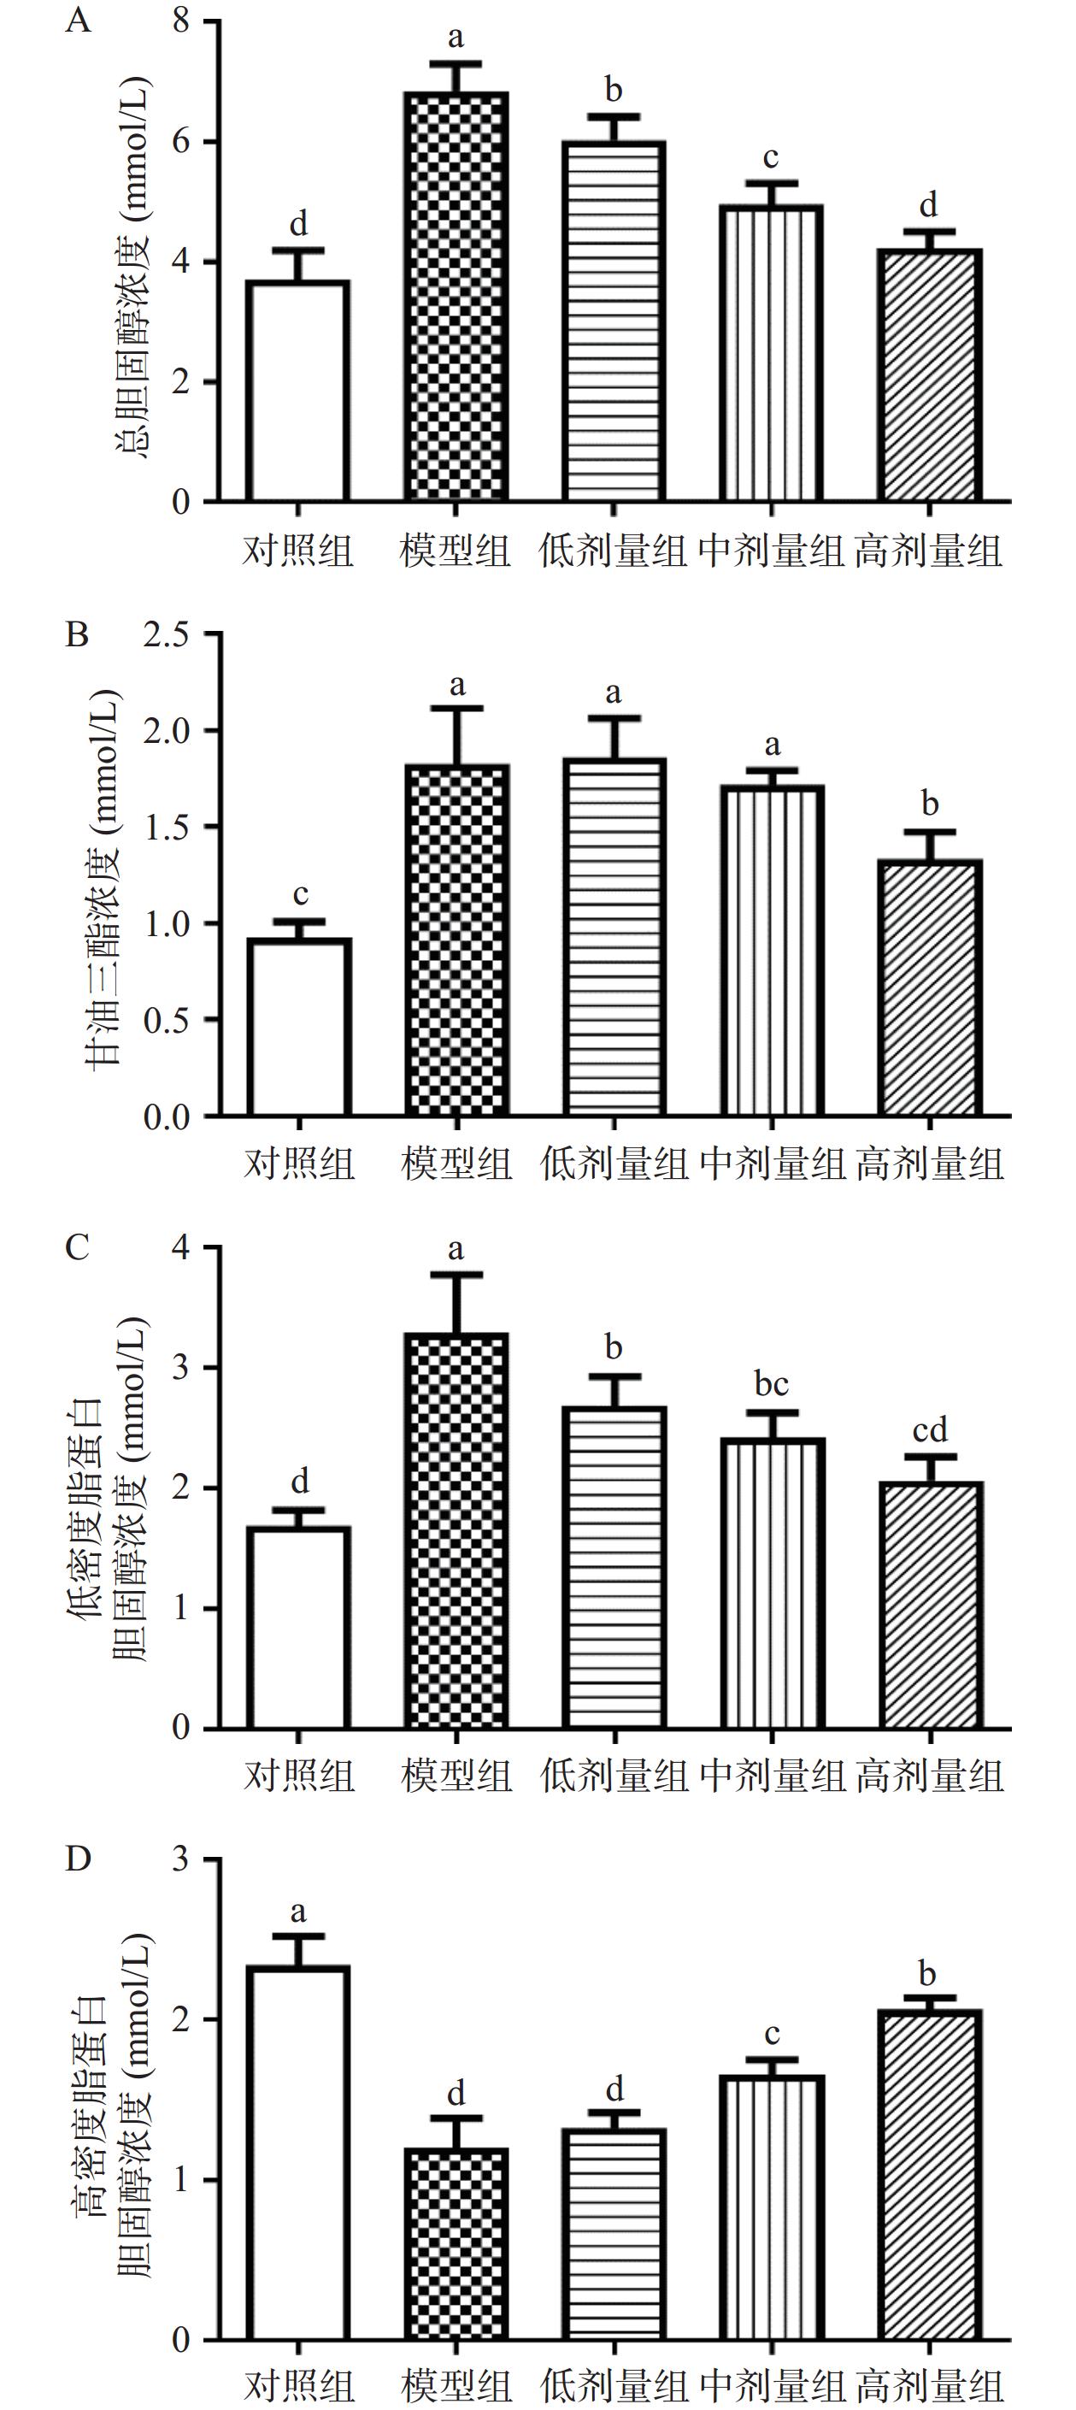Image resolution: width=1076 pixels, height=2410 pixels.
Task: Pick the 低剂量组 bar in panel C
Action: coord(614,1567)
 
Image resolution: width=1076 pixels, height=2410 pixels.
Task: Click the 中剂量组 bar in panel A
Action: coord(771,353)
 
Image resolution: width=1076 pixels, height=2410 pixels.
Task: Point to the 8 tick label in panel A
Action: coord(181,21)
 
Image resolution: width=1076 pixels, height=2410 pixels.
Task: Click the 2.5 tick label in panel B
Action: coord(166,633)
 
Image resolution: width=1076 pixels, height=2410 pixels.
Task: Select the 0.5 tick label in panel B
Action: coord(166,1020)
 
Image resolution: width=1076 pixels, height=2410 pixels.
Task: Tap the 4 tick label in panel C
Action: coord(181,1247)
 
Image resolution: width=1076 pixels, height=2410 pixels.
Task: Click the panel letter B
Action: coord(77,634)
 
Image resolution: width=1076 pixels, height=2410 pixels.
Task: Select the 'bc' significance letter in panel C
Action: coord(771,1384)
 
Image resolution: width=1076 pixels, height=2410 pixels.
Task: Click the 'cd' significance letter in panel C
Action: coord(929,1429)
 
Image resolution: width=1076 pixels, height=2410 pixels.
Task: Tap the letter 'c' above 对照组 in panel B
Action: coord(299,895)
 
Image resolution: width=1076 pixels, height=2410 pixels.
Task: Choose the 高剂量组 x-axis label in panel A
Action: coord(928,551)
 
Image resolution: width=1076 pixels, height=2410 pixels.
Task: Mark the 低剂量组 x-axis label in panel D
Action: coord(614,2387)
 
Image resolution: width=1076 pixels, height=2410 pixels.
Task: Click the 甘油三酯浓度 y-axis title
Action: coord(105,877)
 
